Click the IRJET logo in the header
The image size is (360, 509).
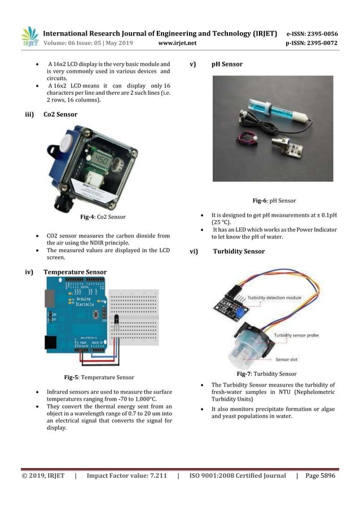[x=30, y=37]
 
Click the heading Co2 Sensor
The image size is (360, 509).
[x=60, y=114]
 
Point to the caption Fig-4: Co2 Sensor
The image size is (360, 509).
[x=103, y=217]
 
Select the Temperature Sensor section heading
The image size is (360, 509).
[x=75, y=272]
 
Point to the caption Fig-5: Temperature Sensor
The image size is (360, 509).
[x=99, y=377]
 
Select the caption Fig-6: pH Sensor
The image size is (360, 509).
[x=274, y=200]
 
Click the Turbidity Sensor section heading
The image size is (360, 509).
[x=238, y=251]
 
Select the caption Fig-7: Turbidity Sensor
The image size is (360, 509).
[x=266, y=374]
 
